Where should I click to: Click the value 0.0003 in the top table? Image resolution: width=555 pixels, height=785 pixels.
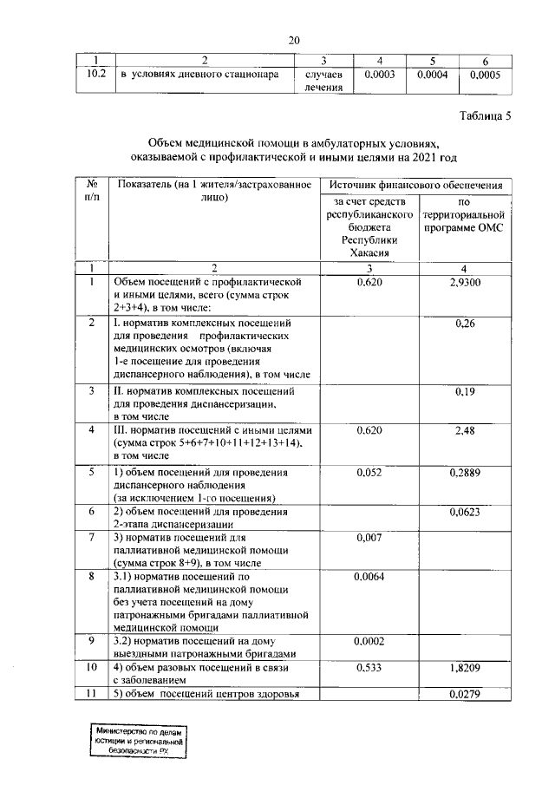(x=380, y=75)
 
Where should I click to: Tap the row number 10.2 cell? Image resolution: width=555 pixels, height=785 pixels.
(x=90, y=75)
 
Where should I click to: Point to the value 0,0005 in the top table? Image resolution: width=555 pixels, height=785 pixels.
(x=485, y=75)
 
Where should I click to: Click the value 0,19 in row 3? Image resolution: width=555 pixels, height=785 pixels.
(x=466, y=391)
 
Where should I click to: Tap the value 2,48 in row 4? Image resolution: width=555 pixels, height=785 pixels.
(x=466, y=431)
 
